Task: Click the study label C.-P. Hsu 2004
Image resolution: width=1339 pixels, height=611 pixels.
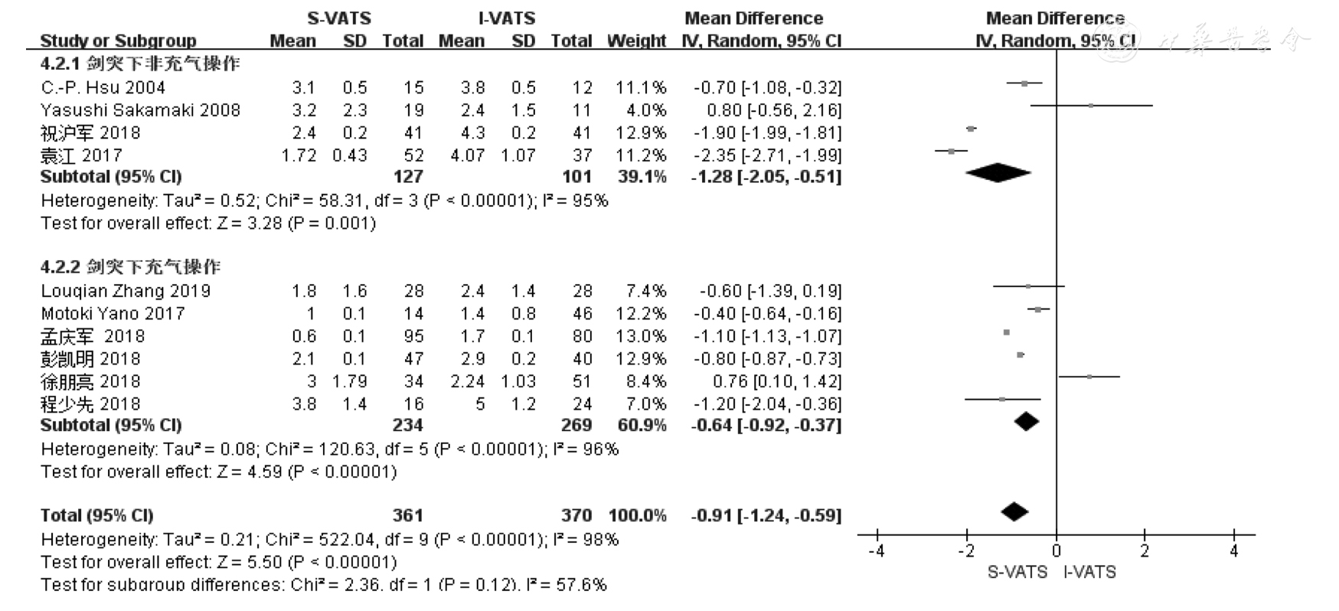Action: pyautogui.click(x=103, y=87)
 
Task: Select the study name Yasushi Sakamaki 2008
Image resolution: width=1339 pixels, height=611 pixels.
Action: pyautogui.click(x=140, y=110)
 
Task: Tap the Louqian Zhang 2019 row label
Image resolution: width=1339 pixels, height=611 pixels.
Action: pyautogui.click(x=126, y=291)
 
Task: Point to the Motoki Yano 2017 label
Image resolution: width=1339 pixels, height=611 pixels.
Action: pyautogui.click(x=113, y=313)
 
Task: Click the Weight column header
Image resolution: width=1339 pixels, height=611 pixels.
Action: pyautogui.click(x=636, y=41)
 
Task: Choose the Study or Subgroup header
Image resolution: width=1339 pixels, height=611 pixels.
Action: pyautogui.click(x=118, y=41)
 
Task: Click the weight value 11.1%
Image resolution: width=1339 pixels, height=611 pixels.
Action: pyautogui.click(x=641, y=87)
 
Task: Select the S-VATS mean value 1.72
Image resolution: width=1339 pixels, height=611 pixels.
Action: pyautogui.click(x=299, y=155)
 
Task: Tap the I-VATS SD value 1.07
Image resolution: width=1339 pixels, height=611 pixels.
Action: pyautogui.click(x=518, y=155)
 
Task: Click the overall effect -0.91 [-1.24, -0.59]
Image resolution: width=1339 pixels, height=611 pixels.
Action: pyautogui.click(x=766, y=515)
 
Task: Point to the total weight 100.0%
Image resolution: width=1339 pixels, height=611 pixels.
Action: pyautogui.click(x=637, y=515)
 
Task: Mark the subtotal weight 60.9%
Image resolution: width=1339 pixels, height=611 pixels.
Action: pyautogui.click(x=641, y=425)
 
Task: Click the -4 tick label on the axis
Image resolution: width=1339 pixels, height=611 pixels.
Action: pyautogui.click(x=877, y=551)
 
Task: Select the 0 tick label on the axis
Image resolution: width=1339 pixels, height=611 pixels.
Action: pyautogui.click(x=1056, y=551)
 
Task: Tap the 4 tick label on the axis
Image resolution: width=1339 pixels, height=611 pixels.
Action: pyautogui.click(x=1233, y=551)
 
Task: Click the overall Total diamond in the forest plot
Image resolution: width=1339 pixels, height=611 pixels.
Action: pyautogui.click(x=1014, y=511)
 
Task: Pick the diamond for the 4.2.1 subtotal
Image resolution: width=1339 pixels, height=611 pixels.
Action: pyautogui.click(x=998, y=174)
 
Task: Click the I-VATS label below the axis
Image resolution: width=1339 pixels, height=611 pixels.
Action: pyautogui.click(x=1089, y=572)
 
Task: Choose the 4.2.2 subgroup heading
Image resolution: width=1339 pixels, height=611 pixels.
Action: pyautogui.click(x=130, y=267)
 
